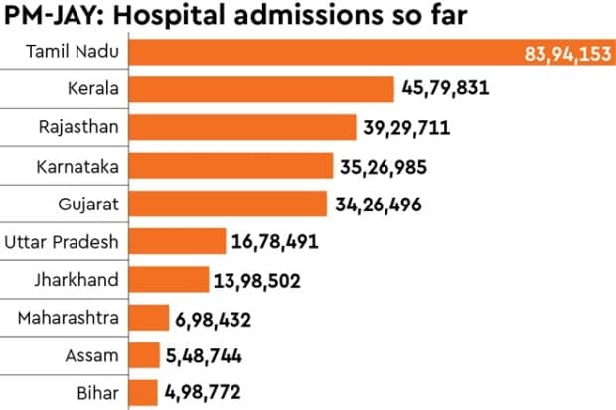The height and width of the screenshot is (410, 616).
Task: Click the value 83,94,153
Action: coord(568,53)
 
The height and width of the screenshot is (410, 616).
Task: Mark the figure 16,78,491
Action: coord(281,242)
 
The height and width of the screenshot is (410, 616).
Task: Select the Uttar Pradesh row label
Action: coord(62,241)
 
